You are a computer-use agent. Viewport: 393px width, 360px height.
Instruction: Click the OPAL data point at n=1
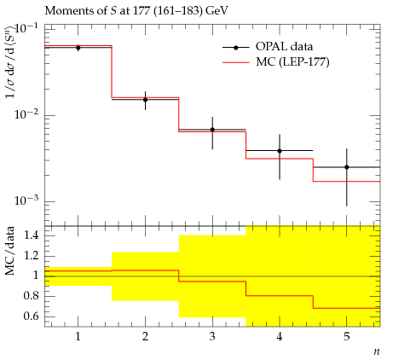pos(78,48)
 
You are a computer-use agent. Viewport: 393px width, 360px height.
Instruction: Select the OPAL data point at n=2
pos(145,100)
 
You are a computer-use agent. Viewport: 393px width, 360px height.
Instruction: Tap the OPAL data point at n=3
pos(212,130)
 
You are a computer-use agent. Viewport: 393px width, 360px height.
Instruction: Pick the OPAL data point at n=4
pos(280,151)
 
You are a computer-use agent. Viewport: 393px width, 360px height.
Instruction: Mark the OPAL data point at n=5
pos(347,167)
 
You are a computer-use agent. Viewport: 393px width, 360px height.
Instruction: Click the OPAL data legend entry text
pos(284,47)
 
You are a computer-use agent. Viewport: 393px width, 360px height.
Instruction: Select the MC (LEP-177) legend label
pos(292,61)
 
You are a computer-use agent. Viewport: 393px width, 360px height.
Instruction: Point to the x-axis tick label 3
pos(212,337)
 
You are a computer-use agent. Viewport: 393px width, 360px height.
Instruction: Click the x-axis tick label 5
pos(347,337)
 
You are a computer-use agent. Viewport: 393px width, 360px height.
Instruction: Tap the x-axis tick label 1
pos(78,337)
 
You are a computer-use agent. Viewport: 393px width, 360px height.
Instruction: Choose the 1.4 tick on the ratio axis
pos(32,235)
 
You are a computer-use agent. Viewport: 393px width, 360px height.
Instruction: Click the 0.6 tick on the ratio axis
pos(32,316)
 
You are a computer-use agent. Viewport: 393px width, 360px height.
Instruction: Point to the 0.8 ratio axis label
pos(32,296)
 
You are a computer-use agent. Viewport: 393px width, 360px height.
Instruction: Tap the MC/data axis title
pos(10,251)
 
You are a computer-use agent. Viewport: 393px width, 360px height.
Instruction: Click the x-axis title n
pos(377,351)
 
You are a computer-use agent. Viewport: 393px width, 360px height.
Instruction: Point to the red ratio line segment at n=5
pos(347,308)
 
